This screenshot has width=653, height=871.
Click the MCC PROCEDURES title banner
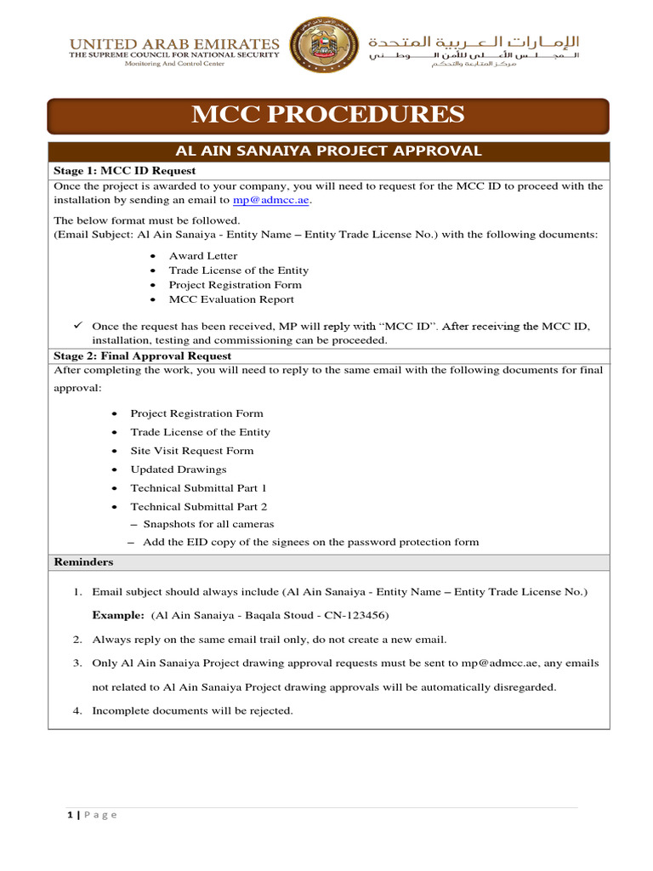point(327,115)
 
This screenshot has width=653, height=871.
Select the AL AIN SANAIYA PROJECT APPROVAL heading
point(327,151)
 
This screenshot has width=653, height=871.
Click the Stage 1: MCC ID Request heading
point(108,170)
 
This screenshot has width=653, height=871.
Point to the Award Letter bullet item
point(203,256)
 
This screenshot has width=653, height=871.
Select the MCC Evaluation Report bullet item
point(231,299)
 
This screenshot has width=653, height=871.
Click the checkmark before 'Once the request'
point(77,326)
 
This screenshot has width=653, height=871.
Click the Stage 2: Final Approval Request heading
point(142,356)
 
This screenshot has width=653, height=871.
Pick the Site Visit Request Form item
point(191,451)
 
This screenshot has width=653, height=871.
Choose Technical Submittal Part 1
point(198,488)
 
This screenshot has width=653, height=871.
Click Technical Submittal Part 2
point(198,507)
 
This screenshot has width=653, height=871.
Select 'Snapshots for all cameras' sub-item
point(208,525)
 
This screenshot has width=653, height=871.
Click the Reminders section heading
point(83,562)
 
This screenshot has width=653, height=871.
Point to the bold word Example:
point(118,615)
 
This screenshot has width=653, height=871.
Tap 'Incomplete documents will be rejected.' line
point(192,711)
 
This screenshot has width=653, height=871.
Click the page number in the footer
point(71,815)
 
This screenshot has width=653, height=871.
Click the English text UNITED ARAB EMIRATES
point(173,43)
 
